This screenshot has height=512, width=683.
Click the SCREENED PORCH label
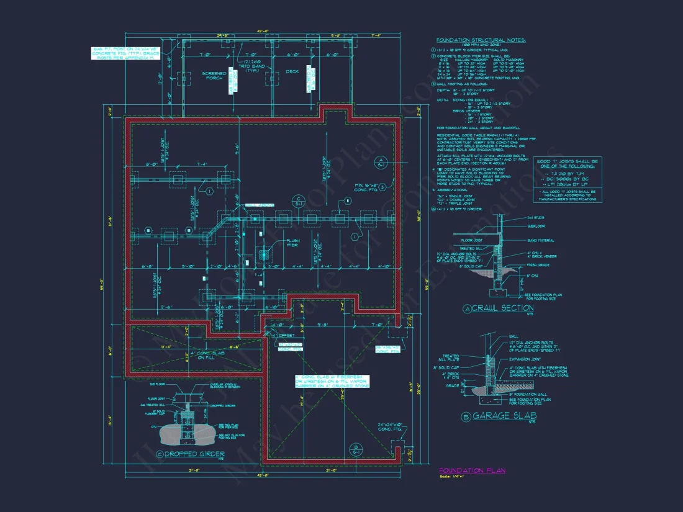tap(214, 76)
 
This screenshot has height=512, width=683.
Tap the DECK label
tap(292, 71)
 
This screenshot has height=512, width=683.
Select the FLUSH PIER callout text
tap(292, 243)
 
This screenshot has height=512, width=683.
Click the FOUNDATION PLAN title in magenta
tap(472, 470)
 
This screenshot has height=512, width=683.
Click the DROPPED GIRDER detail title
tap(195, 454)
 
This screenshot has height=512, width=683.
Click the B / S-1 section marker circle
tap(355, 448)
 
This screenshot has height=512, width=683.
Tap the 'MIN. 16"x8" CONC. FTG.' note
tap(366, 189)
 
